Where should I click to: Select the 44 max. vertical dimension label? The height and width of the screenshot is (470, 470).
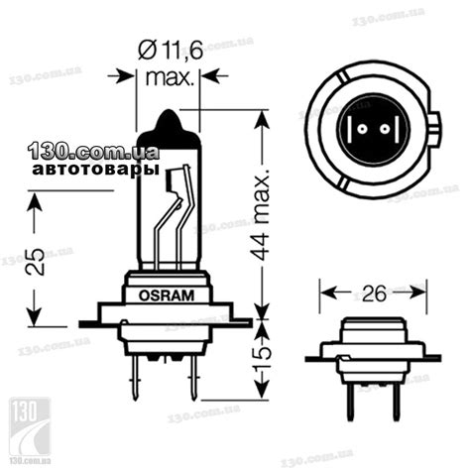[x=262, y=214]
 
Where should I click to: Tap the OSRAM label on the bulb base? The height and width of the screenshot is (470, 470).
[x=165, y=294]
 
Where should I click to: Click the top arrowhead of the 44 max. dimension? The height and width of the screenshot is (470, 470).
[x=262, y=117]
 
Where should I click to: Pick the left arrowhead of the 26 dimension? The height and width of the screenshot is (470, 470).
[x=325, y=294]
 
